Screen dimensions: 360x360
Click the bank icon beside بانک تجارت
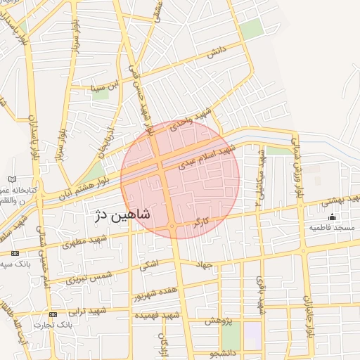pos(54,314)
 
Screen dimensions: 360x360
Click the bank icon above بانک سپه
pos(15,253)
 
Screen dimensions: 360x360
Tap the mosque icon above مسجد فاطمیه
pos(333,217)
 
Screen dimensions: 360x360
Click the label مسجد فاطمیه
pos(333,229)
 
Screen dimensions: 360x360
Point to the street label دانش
pos(216,51)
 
